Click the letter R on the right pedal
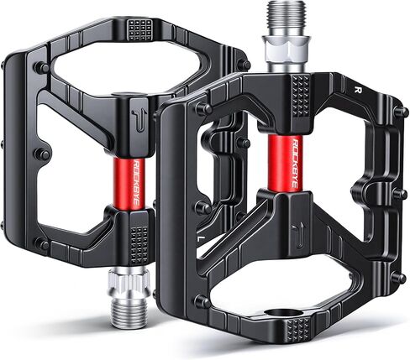coord(357,90)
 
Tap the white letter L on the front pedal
coord(200,239)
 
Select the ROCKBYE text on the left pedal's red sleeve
coord(136,183)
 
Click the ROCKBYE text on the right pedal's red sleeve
coord(294,163)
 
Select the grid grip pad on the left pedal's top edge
coord(140,29)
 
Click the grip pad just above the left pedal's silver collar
coord(139,246)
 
